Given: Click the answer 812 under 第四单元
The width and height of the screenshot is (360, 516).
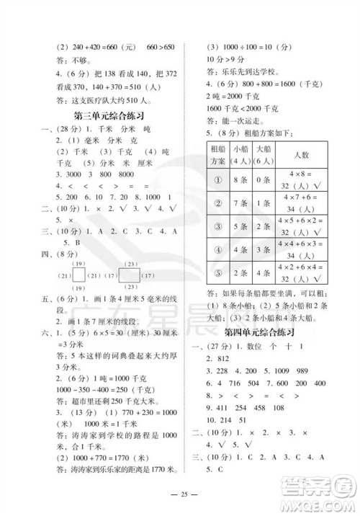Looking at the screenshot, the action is [x=217, y=360].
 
